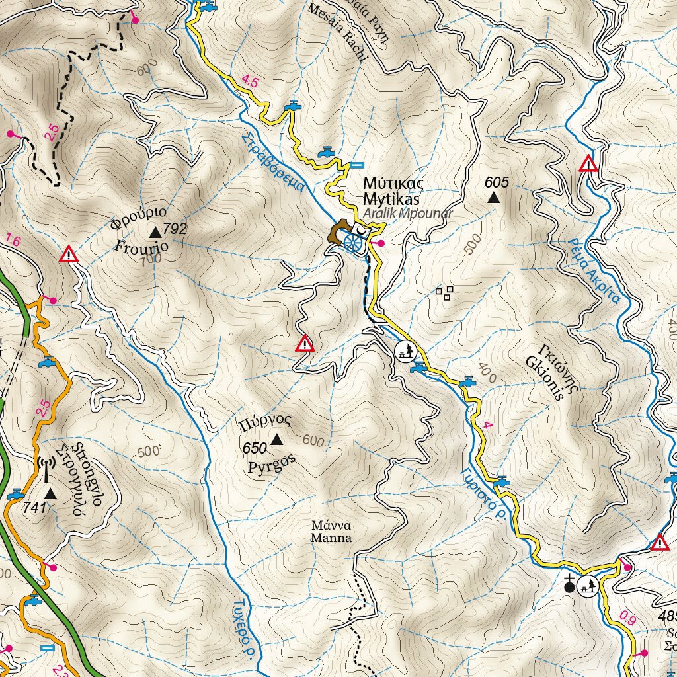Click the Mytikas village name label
point(393,190)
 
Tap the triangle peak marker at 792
point(155,231)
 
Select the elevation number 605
point(497,182)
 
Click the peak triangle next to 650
point(276,439)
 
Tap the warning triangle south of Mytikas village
point(304,344)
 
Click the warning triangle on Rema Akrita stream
point(588,163)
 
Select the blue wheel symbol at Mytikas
point(353,243)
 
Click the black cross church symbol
point(570,583)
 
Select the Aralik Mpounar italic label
point(407,213)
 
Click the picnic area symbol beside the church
point(588,584)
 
